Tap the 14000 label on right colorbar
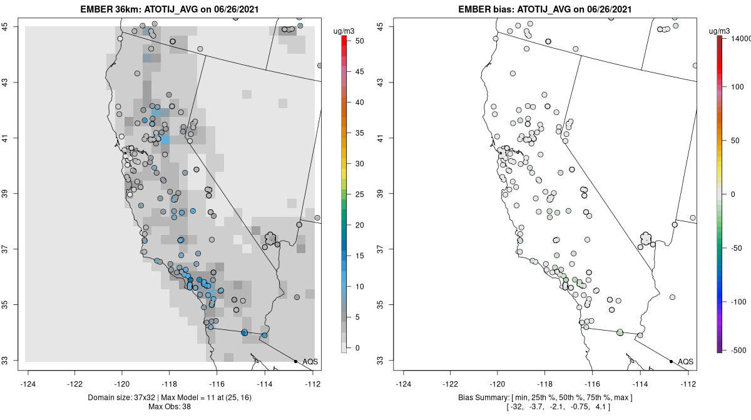[x=737, y=39]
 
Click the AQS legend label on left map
[x=310, y=362]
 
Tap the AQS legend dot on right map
[x=670, y=361]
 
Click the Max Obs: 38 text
[x=169, y=407]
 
